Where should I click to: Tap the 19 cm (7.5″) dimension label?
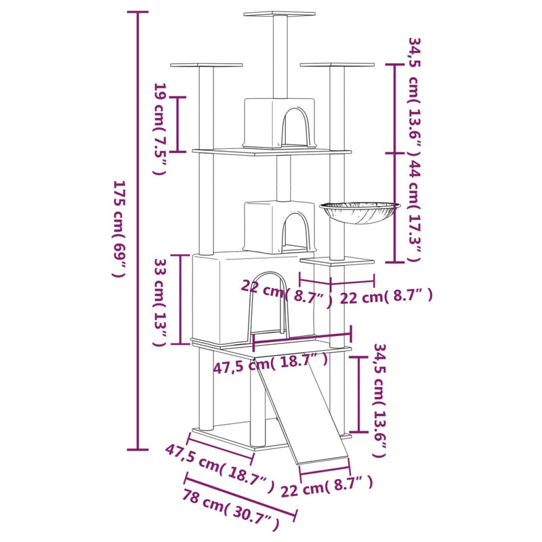[x=160, y=129]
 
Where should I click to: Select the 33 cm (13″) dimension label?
[x=160, y=301]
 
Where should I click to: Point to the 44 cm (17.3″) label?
[x=414, y=210]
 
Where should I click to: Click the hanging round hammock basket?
[x=358, y=211]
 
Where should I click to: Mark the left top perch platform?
[x=206, y=65]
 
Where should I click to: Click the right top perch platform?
[x=337, y=65]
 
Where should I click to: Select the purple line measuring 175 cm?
[x=138, y=230]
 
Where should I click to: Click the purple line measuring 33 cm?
[x=180, y=299]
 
